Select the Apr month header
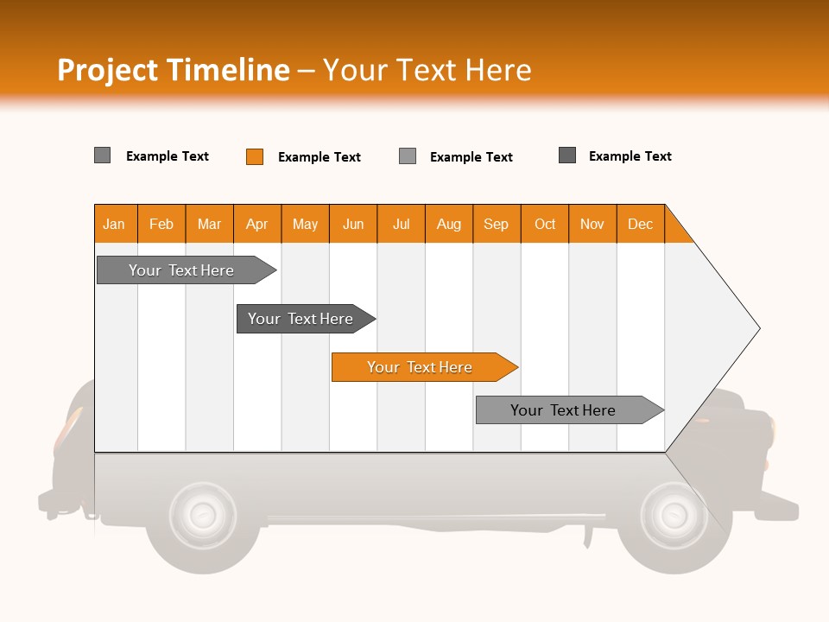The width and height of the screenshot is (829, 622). (x=257, y=224)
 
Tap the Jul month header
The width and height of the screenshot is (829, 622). (x=402, y=224)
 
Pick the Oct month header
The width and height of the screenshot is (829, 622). (x=545, y=224)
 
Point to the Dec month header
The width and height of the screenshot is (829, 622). (x=641, y=224)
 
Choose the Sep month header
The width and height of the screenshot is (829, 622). (x=497, y=224)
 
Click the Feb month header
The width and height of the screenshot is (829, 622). (x=161, y=224)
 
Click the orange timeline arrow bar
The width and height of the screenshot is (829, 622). (x=425, y=367)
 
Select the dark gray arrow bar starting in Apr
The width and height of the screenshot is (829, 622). (x=306, y=319)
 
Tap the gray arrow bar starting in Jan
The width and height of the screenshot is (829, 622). (x=187, y=270)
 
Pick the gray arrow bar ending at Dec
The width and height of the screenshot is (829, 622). (x=570, y=409)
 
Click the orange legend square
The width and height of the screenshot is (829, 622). (x=255, y=156)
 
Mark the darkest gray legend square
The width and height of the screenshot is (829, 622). (x=567, y=155)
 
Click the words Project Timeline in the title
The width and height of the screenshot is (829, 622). (x=174, y=70)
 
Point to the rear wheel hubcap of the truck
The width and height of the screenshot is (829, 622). (x=202, y=514)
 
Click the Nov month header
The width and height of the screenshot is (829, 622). (x=592, y=224)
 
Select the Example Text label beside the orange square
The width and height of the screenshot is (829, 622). (x=320, y=157)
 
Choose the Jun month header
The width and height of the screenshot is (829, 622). (x=353, y=224)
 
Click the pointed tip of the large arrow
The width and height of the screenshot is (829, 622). (x=759, y=328)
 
